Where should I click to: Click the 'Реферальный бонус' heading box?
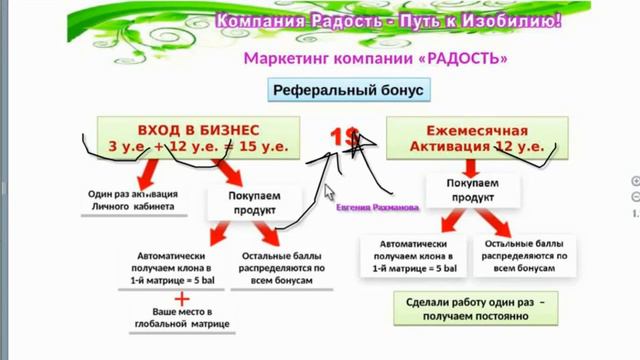(x=349, y=91)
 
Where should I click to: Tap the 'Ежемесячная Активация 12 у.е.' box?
(x=477, y=138)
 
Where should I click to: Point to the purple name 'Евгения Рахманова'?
(x=378, y=206)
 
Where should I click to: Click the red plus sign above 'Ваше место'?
(x=182, y=298)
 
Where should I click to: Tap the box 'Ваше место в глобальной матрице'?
(x=183, y=318)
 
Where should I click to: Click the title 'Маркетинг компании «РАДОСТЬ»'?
(x=375, y=58)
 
